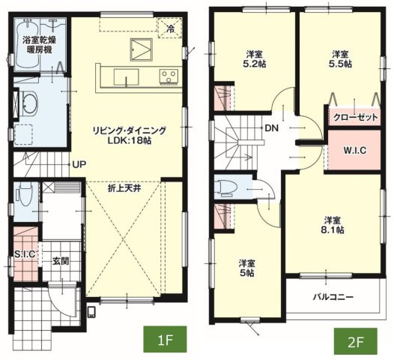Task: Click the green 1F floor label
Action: [165, 339]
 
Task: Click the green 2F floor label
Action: [355, 341]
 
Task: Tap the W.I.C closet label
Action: [355, 151]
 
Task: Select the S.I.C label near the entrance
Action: [25, 254]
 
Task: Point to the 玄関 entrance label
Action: [61, 262]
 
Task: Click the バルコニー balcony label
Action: [333, 297]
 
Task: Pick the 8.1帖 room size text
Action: [333, 230]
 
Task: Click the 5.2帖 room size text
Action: [254, 64]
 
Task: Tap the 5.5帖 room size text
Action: [341, 64]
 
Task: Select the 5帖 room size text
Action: [247, 273]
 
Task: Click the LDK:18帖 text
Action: [130, 140]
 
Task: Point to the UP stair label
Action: [79, 164]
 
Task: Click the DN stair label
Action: [272, 128]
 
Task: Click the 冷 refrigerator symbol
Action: [170, 28]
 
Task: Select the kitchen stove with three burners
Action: [169, 76]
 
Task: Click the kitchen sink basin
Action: [126, 77]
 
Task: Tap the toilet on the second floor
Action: [228, 188]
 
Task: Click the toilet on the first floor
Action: [24, 194]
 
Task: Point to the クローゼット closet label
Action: [356, 117]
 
